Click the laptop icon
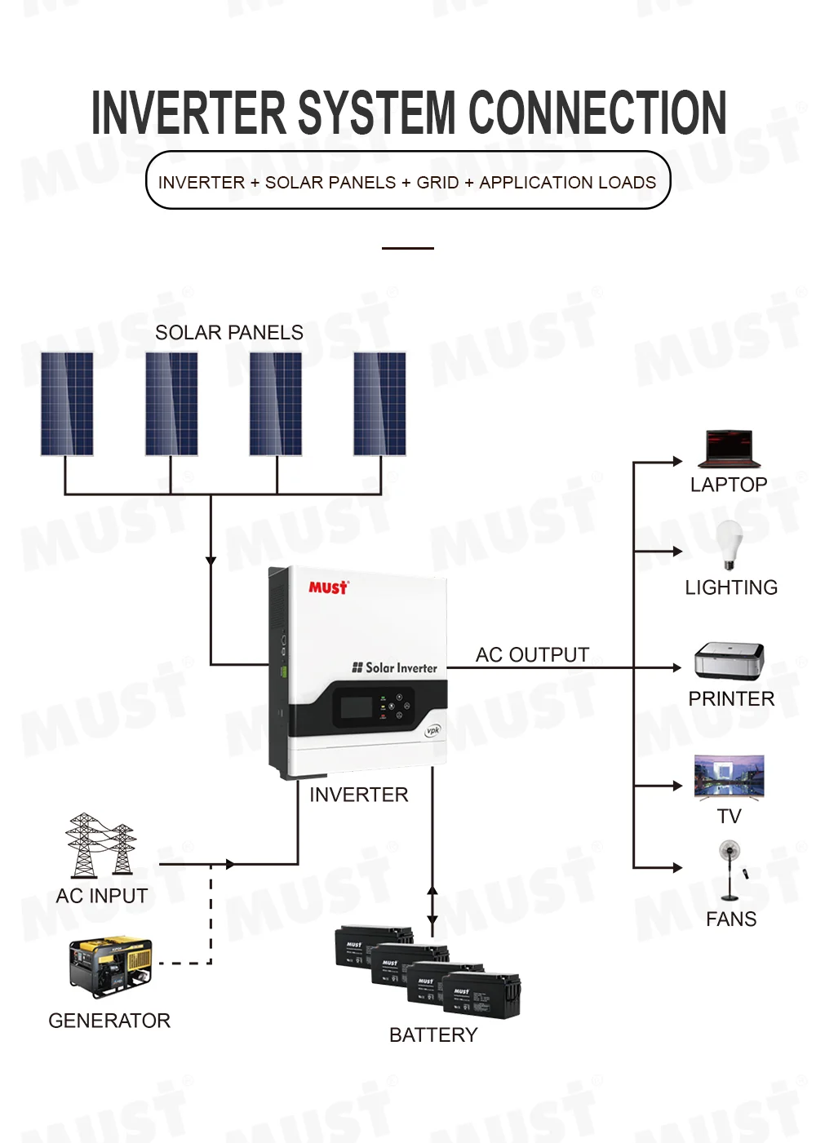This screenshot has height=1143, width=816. pos(729,449)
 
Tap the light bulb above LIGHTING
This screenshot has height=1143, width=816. pos(729,543)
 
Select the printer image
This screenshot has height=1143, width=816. pos(729,661)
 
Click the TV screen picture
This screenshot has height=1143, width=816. pos(729,775)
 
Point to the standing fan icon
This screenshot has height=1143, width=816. pos(730,870)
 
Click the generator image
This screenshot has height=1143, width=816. pos(111,968)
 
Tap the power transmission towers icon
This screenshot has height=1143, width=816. pos(101,845)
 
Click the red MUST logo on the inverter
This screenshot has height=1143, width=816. pos(328,587)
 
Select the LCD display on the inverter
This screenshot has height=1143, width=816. pos(357,707)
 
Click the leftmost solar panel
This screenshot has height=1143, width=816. pos(67,404)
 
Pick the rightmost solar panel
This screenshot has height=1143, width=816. pos(379,404)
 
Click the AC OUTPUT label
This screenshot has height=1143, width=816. pos(532,655)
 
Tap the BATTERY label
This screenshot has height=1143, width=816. pos(433,1034)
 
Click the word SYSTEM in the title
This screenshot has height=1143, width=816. pos(376,113)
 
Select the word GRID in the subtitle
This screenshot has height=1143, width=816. pos(437,183)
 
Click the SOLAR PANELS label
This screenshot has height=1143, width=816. pos(229,333)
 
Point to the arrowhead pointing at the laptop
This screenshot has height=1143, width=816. pos(677,462)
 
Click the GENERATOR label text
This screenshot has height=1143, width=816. pos(109,1021)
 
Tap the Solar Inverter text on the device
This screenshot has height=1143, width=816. pos(401,667)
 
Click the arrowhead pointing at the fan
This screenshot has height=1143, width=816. pos(677,867)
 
